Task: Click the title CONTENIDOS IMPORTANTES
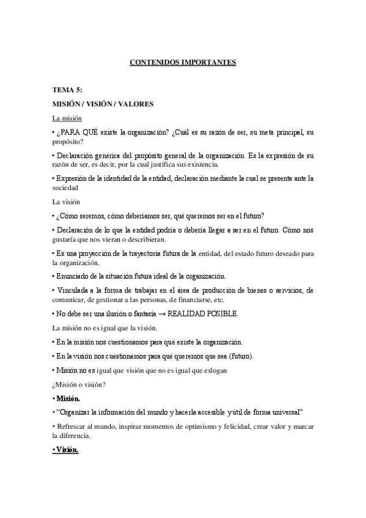(183, 62)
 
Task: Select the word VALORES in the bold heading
(141, 104)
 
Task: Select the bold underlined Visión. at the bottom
(65, 451)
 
